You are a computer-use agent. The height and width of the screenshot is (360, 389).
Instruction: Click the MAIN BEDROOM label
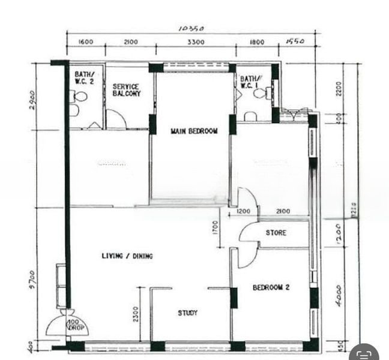coord(194,131)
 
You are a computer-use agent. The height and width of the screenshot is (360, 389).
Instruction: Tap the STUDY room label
coord(187,313)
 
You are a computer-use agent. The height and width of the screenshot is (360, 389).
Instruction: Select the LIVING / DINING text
coord(127,256)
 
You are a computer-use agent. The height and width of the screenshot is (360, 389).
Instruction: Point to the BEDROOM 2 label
coord(271,287)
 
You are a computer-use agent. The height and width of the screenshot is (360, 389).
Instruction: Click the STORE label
coord(276,232)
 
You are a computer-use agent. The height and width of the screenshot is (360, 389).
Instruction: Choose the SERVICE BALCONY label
coord(127,90)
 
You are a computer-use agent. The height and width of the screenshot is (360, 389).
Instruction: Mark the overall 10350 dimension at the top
coord(191,28)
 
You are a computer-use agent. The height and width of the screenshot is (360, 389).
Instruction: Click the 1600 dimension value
coord(85,42)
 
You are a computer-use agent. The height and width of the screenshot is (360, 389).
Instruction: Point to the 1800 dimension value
coord(256,42)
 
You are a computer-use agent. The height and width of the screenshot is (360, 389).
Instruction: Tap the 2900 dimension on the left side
coord(32,98)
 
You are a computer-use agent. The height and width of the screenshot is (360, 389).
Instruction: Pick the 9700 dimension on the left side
coord(32,280)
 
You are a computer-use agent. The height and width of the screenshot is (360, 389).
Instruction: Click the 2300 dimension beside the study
coord(136,314)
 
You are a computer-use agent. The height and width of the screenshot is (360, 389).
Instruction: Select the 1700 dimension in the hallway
coord(216,228)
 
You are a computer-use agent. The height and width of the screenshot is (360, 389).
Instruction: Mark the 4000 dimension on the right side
coord(339,295)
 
